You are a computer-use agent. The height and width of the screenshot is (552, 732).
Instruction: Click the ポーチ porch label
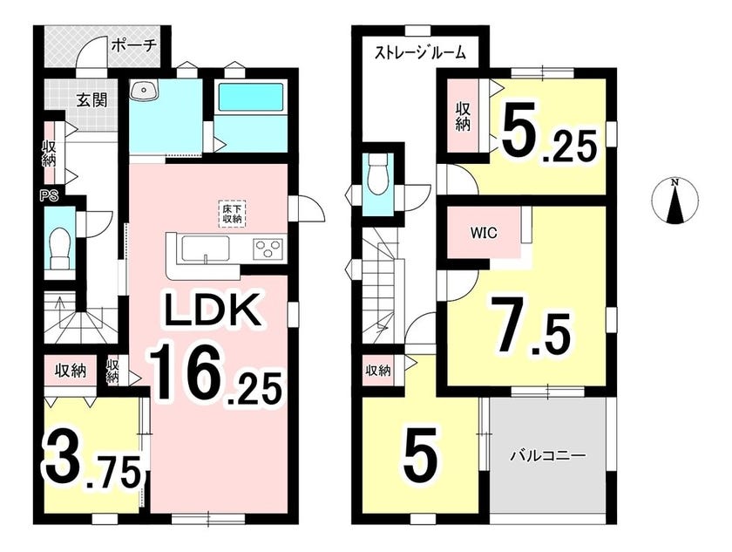[133, 47]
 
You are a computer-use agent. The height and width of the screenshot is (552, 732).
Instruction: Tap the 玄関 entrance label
[92, 99]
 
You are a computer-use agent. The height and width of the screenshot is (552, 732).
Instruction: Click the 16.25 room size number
[216, 371]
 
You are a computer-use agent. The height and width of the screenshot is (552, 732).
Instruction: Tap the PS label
[49, 196]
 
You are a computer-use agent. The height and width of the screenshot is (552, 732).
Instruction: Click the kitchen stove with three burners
[268, 247]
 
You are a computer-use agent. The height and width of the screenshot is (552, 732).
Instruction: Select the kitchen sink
[206, 247]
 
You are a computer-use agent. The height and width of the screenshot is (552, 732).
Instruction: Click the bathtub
[251, 97]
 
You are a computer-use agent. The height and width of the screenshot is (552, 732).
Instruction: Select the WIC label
[483, 233]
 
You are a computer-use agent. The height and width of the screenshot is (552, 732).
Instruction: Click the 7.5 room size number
[529, 324]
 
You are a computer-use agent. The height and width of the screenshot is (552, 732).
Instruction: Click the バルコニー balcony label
[546, 454]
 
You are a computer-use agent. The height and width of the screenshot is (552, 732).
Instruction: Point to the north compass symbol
[674, 201]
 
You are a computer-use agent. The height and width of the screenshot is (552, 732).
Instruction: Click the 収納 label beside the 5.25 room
[463, 116]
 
